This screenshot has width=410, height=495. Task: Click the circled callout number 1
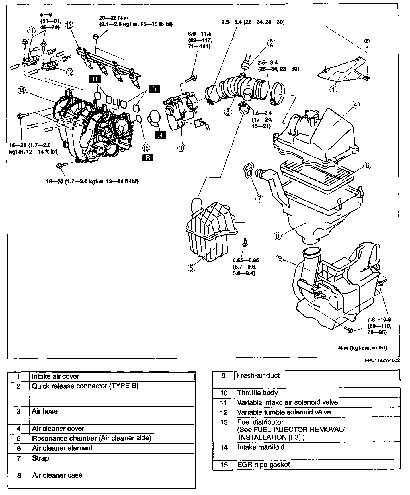[333, 89]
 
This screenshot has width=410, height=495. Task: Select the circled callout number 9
[280, 259]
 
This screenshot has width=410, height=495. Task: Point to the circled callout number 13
[69, 25]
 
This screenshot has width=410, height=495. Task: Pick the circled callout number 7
[259, 199]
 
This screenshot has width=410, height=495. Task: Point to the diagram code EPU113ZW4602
[382, 360]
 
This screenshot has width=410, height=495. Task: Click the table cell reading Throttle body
[257, 393]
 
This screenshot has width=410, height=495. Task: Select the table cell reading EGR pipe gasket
[263, 465]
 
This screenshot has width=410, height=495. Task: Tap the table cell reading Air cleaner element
[62, 448]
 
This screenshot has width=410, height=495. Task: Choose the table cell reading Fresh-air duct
[258, 375]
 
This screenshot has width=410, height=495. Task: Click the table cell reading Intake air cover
[55, 376]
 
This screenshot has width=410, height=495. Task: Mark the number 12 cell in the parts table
[224, 412]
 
